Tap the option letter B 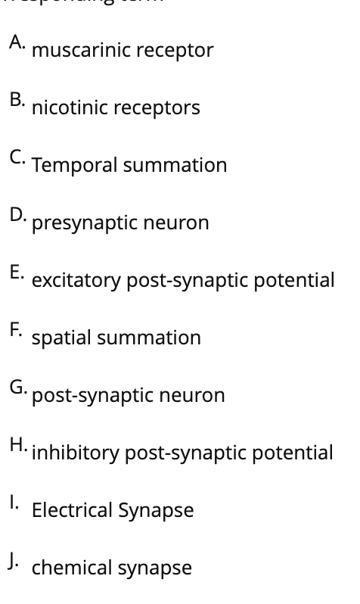16,100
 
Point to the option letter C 16,157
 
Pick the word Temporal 66,166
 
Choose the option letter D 17,215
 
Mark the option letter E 16,272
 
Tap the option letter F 16,330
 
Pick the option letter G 17,388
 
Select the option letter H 17,445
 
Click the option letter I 14,503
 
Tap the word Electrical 72,511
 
